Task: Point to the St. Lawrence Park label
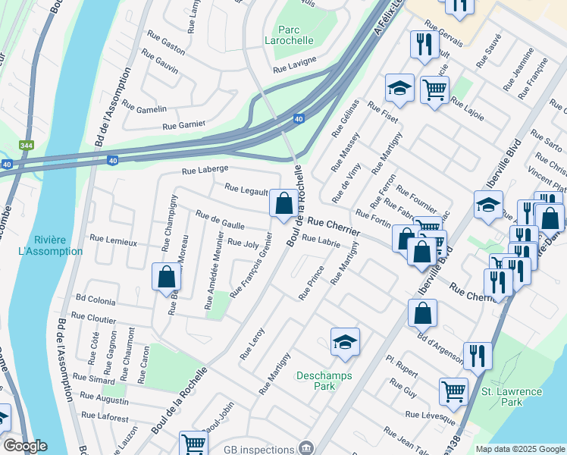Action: [x=513, y=397]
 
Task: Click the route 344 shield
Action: [x=27, y=145]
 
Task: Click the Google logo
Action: [x=25, y=446]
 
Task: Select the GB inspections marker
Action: [x=305, y=447]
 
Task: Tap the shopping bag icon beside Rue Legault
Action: [x=283, y=203]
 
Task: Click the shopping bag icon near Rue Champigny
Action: [x=166, y=277]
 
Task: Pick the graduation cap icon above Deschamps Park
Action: [x=345, y=342]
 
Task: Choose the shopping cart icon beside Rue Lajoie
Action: [x=434, y=90]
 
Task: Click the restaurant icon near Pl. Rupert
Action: [x=478, y=355]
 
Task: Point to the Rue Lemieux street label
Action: [x=113, y=241]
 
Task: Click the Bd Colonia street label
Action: [x=94, y=301]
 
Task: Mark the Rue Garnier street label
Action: [x=184, y=125]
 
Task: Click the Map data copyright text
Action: [x=519, y=449]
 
